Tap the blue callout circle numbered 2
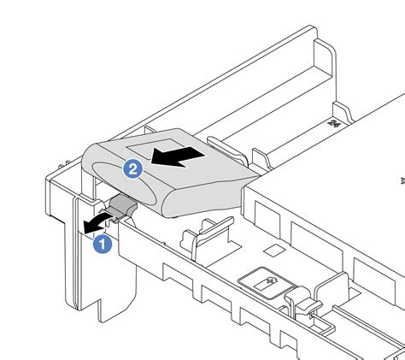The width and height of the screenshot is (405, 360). pyautogui.click(x=132, y=169)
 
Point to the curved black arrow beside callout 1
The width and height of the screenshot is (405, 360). pyautogui.click(x=94, y=224)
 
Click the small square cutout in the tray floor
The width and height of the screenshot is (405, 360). pyautogui.click(x=273, y=251)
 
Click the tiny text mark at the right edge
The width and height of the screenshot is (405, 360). pyautogui.click(x=400, y=180)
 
